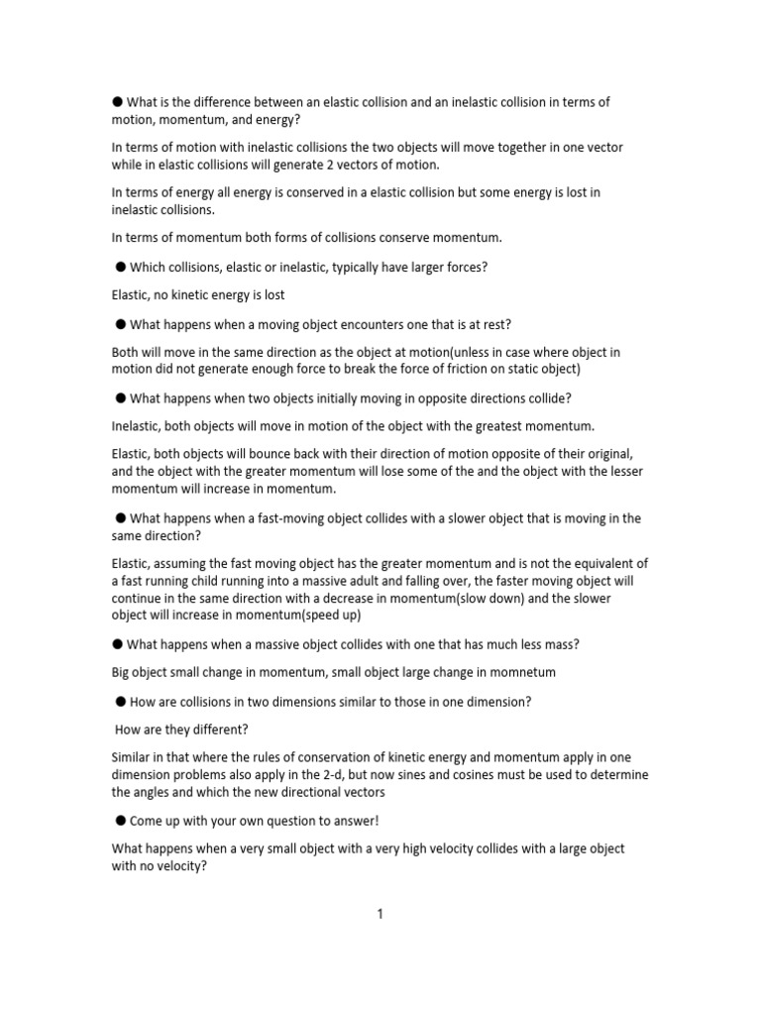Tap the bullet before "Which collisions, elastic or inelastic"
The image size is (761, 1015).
click(x=121, y=266)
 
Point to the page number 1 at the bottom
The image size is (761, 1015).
click(x=380, y=914)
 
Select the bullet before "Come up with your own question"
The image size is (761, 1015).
click(x=121, y=820)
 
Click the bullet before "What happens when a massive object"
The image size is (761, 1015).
click(x=118, y=644)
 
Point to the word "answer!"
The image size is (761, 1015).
click(x=353, y=821)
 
